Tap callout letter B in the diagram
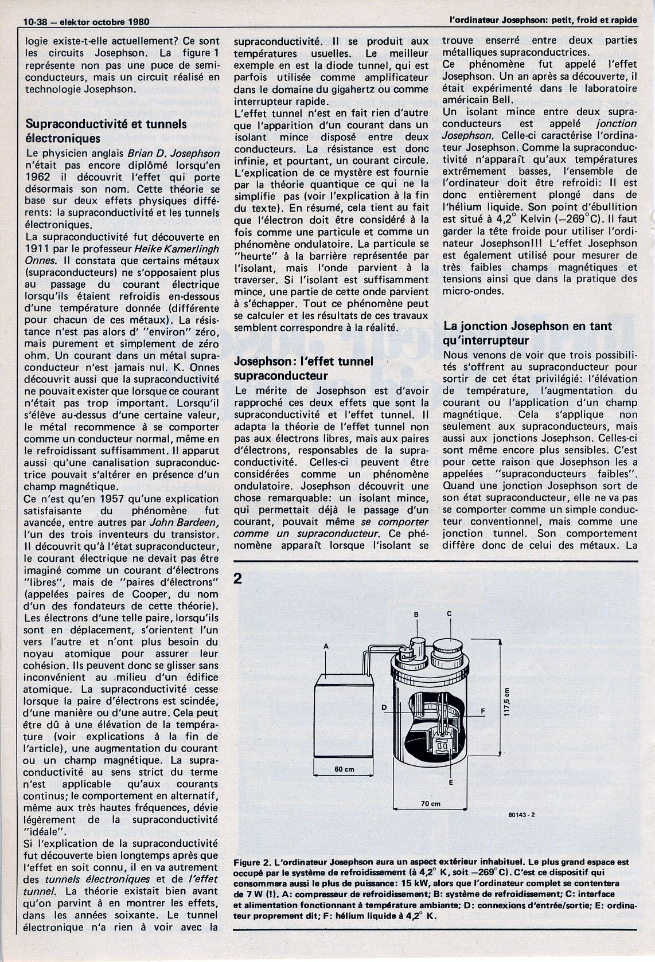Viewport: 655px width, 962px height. click(417, 615)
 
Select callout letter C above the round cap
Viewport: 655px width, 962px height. click(449, 613)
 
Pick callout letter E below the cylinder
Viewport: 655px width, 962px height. click(451, 782)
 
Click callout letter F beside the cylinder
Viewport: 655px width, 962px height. click(483, 711)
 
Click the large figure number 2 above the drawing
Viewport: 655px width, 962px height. click(238, 579)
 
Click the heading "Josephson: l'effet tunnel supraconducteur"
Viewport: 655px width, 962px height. click(304, 368)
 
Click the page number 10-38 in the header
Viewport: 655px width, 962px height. click(34, 22)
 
